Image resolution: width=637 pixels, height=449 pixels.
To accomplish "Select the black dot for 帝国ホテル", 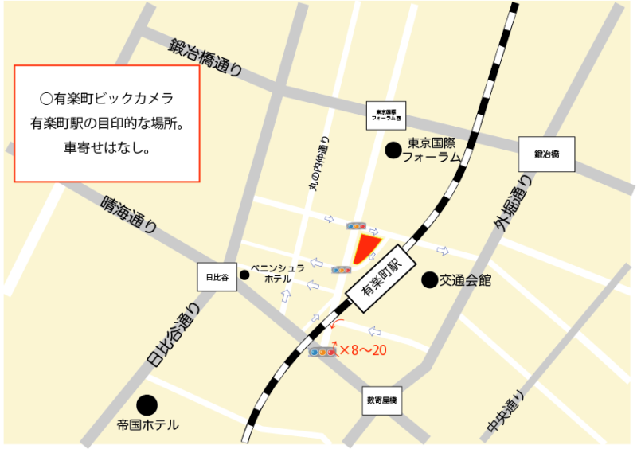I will tap(147, 405).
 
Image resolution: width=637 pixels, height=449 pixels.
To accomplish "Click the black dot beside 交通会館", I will tap(429, 279).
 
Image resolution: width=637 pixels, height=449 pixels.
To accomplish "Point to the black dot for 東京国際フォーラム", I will tap(393, 149).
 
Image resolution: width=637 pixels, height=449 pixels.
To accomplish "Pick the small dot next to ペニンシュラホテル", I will tap(244, 275).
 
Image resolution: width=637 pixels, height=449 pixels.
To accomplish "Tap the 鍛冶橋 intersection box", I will tap(546, 154).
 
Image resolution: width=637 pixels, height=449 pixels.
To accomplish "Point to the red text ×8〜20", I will tap(363, 349).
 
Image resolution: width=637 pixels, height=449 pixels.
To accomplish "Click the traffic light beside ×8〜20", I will tap(322, 351).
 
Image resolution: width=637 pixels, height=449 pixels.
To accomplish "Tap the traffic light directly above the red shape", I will tap(356, 226).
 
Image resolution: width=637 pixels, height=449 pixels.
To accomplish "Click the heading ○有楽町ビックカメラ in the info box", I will tap(106, 99).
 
